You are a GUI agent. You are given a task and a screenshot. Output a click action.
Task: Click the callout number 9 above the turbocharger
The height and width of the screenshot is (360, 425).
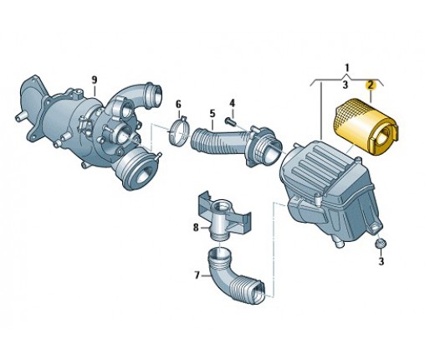coord(95,80)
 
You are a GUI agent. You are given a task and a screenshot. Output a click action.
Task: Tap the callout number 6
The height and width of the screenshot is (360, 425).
coord(178,105)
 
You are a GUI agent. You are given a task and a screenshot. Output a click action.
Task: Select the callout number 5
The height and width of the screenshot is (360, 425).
coord(212,114)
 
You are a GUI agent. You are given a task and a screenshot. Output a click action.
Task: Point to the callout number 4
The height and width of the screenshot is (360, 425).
coord(233,103)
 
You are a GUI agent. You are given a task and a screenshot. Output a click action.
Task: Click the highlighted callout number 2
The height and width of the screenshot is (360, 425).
coord(371,85)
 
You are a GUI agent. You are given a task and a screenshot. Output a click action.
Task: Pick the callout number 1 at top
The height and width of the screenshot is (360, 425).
coord(347,68)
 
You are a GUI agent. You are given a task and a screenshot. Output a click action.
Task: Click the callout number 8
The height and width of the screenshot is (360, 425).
coord(196,228)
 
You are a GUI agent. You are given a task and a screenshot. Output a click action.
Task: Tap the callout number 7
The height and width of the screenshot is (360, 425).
coord(197,275)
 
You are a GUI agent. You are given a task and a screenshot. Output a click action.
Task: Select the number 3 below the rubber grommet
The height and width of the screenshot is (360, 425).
coord(381,261)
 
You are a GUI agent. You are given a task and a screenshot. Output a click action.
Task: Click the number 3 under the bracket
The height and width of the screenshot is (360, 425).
coord(346,85)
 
